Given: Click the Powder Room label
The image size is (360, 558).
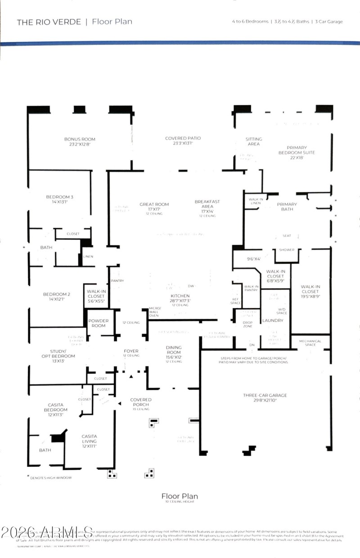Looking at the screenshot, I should [97, 323].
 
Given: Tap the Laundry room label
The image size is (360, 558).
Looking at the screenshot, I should [273, 321].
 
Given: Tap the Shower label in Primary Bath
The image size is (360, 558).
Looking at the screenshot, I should [287, 250].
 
